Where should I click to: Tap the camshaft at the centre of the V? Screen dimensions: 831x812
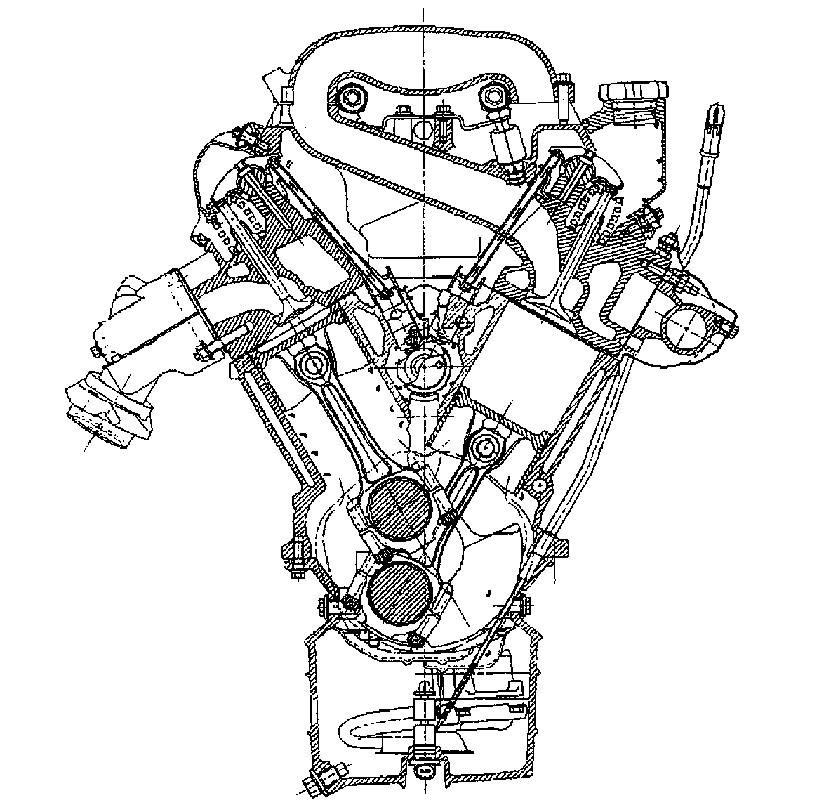[x=423, y=365]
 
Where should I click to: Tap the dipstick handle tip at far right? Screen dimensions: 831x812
[x=714, y=114]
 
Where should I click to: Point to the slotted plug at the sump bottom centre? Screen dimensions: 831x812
[x=424, y=769]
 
